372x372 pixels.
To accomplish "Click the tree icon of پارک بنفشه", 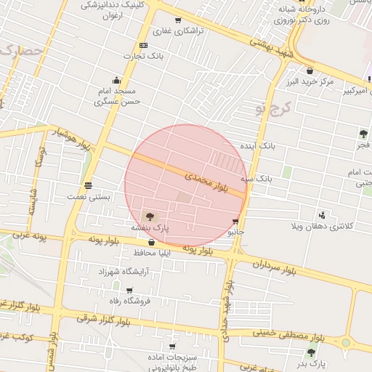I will pos(150,216).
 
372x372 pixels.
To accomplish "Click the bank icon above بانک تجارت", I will pos(143,45).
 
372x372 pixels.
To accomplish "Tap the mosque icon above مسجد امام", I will pos(116,81).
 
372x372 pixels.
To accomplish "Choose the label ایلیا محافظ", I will pos(153,253).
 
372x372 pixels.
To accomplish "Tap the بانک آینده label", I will pos(259,146).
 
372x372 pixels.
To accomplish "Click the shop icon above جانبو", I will pos(235,222).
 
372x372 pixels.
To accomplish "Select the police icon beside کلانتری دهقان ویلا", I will pos(321,215).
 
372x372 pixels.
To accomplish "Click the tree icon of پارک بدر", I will pos(312,352).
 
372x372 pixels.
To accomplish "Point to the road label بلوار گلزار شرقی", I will pos(97,318).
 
